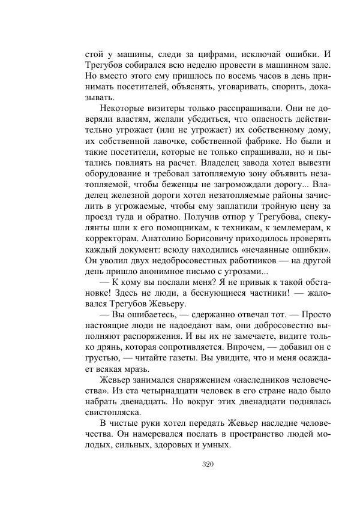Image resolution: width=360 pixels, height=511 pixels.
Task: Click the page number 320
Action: tap(208, 464)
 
